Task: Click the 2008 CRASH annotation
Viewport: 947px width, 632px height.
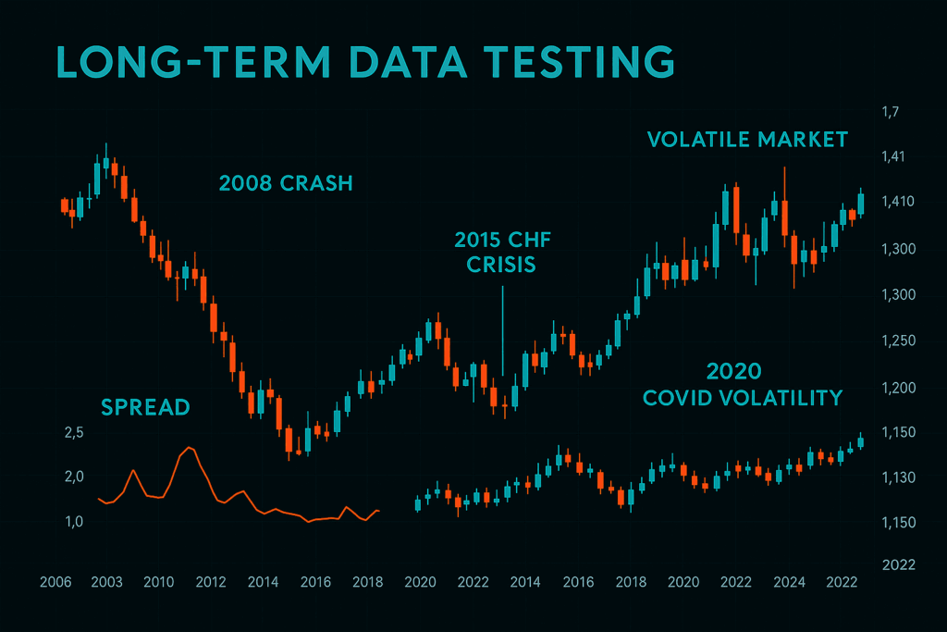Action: click(286, 183)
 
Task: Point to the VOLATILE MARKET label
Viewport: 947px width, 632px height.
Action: click(747, 140)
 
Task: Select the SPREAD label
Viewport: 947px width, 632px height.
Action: click(145, 406)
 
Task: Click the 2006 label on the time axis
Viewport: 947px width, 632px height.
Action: click(55, 582)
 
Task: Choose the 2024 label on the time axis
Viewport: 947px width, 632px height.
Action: click(788, 582)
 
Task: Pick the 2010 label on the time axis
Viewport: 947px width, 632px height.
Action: click(159, 582)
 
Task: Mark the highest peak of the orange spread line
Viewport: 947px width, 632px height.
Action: click(189, 448)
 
